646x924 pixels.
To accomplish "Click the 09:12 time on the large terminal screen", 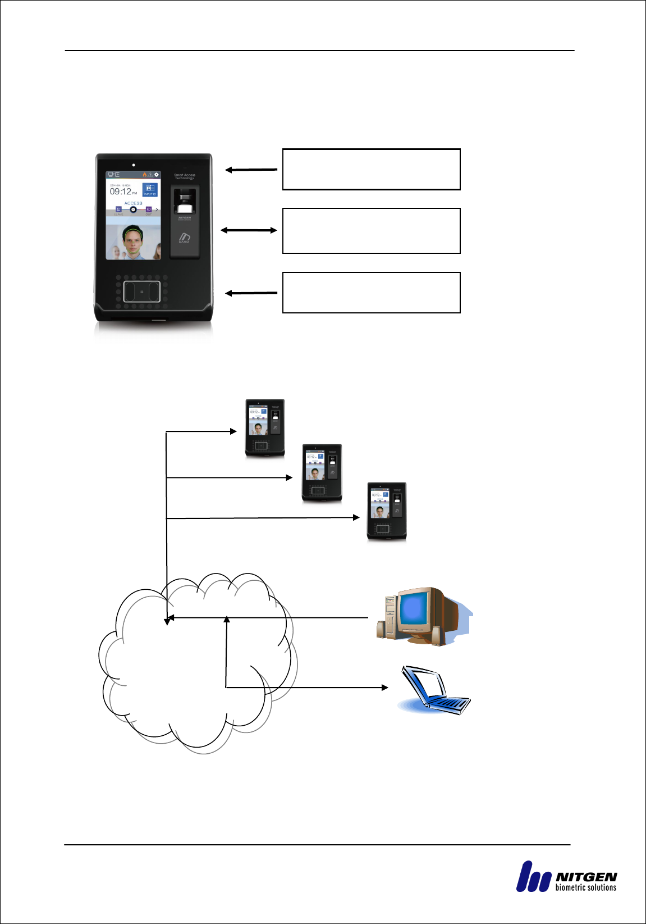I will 120,192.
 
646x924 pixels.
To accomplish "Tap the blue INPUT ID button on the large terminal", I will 149,189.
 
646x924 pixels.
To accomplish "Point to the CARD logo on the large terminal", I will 185,238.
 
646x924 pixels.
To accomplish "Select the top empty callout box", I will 371,169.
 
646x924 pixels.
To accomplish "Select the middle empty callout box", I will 371,231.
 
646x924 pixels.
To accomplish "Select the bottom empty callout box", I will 371,293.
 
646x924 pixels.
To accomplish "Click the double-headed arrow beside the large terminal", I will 249,230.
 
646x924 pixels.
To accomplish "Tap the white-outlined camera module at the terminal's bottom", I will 142,292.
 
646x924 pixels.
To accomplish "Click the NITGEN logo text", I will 586,877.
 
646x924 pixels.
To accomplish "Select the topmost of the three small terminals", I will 265,428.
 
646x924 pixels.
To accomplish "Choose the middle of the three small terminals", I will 322,473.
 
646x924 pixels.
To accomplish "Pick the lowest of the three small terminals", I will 386,511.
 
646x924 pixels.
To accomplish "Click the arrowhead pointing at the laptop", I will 385,687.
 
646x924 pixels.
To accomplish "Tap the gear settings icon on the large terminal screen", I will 157,175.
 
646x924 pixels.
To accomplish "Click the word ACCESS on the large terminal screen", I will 133,203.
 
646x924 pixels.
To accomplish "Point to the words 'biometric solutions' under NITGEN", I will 586,887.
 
